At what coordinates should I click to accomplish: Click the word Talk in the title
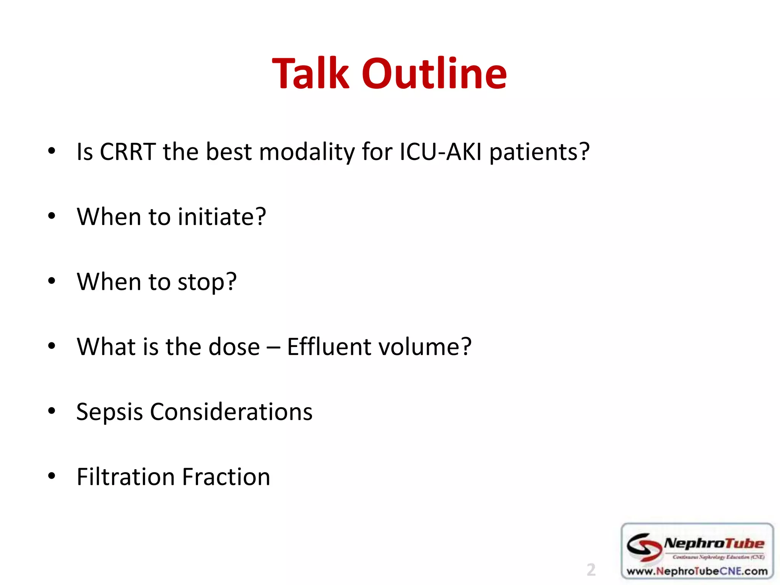coord(310,73)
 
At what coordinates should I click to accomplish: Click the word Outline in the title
coord(434,73)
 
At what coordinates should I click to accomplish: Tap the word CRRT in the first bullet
coord(128,152)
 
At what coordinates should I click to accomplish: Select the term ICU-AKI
coord(441,152)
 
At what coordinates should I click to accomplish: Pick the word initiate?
coord(222,217)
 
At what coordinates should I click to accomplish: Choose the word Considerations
coord(231,412)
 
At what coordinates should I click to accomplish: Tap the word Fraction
coord(226,477)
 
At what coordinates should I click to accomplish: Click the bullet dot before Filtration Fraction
coord(52,476)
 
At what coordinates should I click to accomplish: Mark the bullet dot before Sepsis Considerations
coord(52,411)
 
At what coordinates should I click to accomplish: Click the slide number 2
coord(591,570)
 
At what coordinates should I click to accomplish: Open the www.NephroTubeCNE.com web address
coord(697,571)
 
